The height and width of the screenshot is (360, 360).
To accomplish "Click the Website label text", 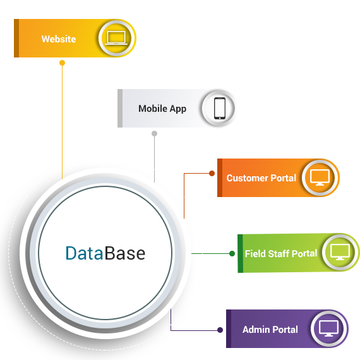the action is coord(59,39).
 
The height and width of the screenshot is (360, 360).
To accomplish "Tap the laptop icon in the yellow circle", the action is coord(116,38).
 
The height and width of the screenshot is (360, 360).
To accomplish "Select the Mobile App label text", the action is coord(162,109).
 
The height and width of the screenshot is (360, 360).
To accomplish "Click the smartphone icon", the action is coord(220,109).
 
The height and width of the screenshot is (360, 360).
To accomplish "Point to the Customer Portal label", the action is coord(261,178).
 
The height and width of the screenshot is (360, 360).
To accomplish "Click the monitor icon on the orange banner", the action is coord(320,177).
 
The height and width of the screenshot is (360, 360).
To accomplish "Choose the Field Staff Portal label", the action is coord(281,254).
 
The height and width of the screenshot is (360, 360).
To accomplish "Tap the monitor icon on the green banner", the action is coord(340,252).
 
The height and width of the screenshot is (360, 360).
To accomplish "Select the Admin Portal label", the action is coord(270,330).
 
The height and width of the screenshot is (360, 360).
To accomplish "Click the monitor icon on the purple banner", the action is coord(328,328).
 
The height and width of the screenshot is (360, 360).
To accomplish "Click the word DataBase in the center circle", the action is coord(105,253).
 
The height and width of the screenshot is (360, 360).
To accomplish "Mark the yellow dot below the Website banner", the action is coord(63,63).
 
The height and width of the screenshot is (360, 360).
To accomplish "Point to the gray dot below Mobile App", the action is coord(155,133).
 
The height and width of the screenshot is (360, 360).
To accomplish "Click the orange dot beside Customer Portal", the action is coord(212,173).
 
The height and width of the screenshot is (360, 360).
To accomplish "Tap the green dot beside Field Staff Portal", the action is coord(232,253).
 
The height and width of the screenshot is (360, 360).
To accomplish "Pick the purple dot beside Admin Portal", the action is coord(220,330).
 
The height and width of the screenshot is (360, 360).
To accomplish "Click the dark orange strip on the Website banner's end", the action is coord(16,38).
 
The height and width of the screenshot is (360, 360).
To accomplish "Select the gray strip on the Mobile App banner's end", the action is coord(120,108).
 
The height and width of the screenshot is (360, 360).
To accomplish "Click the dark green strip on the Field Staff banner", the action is coord(240,253).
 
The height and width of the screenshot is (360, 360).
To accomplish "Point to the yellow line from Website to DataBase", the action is coord(63,122).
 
